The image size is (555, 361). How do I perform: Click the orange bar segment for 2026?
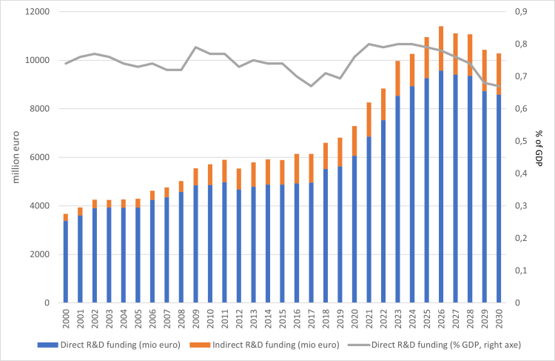click(x=441, y=49)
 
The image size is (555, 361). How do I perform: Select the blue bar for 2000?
click(x=65, y=262)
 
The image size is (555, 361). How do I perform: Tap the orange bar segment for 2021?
click(x=369, y=119)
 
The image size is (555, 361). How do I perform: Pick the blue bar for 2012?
click(x=239, y=246)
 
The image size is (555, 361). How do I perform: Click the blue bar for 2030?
click(x=499, y=199)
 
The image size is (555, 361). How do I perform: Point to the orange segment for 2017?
click(x=311, y=168)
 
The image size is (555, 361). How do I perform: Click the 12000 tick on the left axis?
click(x=38, y=12)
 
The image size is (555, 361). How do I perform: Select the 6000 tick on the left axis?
click(x=40, y=157)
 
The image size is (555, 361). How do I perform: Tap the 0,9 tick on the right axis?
click(x=521, y=12)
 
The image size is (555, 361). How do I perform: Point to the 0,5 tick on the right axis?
click(x=521, y=141)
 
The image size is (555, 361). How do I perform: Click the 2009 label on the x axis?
click(x=196, y=319)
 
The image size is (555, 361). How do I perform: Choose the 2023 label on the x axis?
click(x=398, y=319)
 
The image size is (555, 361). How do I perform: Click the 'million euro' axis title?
click(x=16, y=157)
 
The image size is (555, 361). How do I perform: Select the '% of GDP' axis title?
click(x=539, y=148)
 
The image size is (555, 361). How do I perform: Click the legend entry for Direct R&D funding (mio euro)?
click(x=109, y=345)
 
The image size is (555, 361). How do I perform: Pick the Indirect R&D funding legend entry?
click(x=264, y=345)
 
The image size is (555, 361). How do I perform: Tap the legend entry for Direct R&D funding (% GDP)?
click(x=434, y=345)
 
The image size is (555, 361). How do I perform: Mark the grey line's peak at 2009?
click(x=196, y=47)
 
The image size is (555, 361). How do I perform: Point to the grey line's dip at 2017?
click(x=311, y=86)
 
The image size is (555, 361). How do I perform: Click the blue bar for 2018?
click(x=326, y=236)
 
